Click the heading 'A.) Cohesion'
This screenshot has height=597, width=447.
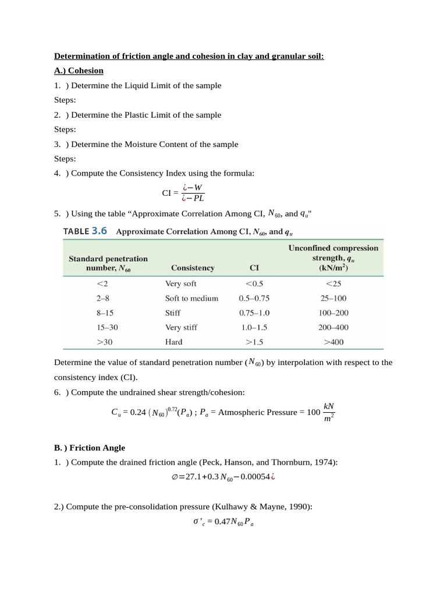click(x=79, y=71)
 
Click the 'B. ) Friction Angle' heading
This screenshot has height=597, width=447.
click(x=89, y=448)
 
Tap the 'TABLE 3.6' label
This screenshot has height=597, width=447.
click(x=86, y=231)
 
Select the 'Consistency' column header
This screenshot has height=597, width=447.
click(x=193, y=268)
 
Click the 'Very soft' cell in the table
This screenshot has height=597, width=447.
click(x=180, y=284)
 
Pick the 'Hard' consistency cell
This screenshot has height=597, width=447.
click(x=173, y=342)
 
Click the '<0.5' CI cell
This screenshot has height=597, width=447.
click(x=254, y=284)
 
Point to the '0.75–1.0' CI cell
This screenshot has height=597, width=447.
click(x=254, y=313)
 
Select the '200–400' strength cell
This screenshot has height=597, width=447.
click(x=334, y=328)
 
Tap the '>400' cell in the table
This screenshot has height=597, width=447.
click(x=334, y=342)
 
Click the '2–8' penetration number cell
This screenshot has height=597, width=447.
click(x=103, y=298)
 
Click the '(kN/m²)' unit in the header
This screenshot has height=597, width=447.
click(x=334, y=269)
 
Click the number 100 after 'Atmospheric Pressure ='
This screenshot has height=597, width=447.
click(x=313, y=412)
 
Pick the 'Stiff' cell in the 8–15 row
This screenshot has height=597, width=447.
click(x=173, y=313)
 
